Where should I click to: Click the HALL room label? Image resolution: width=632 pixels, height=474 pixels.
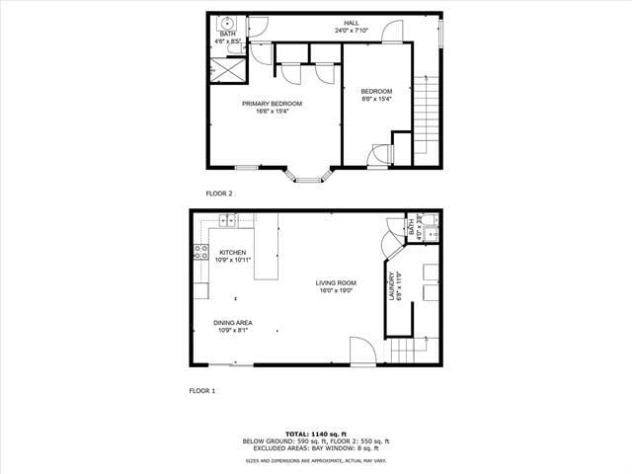(352, 23)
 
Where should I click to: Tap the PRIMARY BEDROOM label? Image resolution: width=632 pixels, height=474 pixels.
(273, 103)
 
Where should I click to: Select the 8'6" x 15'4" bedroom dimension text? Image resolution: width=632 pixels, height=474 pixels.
(376, 99)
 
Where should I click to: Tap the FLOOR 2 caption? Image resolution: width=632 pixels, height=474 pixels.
(219, 194)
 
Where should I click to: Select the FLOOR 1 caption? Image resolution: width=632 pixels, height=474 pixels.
(202, 391)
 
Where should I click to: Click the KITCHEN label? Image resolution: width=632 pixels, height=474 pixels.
(232, 252)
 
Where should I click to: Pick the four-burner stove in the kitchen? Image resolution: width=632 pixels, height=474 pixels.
(200, 252)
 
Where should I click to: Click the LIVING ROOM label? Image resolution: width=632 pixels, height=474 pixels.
(336, 283)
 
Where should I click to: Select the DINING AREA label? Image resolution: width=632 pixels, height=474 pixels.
(233, 323)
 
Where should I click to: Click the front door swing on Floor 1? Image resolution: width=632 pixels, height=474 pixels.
(361, 351)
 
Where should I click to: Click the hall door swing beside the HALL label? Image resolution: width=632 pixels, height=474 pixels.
(393, 32)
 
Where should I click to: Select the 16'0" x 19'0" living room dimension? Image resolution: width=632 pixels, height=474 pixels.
(336, 291)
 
